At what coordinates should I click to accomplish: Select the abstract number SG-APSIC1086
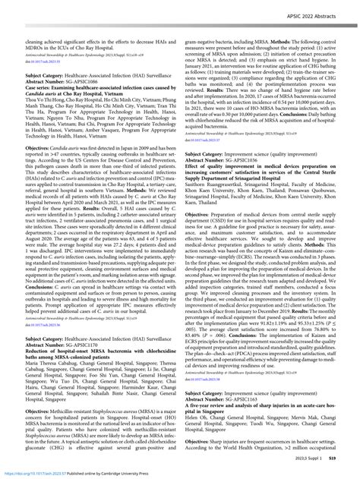click(x=87, y=78)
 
